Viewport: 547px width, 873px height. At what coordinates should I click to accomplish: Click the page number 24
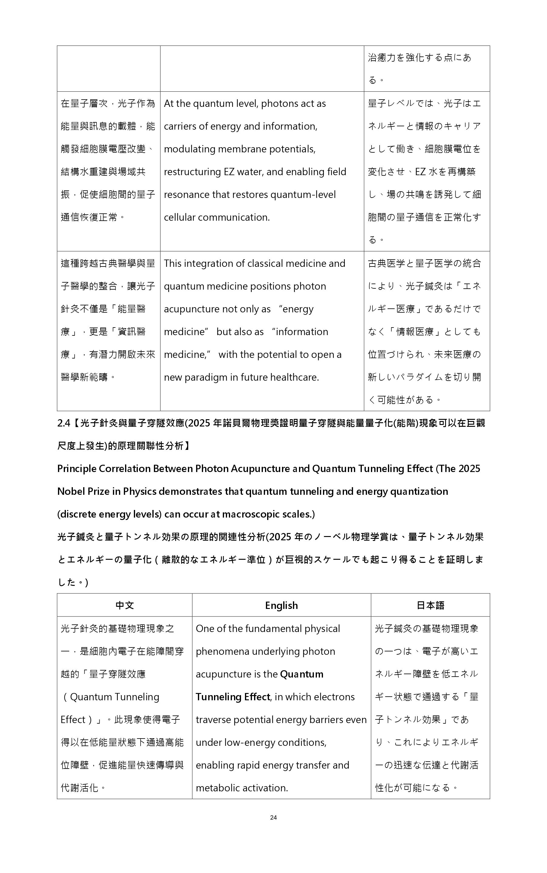(x=273, y=817)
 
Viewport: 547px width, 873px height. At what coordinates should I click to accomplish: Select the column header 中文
(x=124, y=606)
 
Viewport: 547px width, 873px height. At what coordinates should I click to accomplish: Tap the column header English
(x=281, y=606)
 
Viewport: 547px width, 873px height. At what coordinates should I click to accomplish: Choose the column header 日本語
(x=430, y=606)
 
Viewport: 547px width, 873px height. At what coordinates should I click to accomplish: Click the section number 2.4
(x=64, y=423)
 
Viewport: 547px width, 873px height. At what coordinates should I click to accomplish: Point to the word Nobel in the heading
(x=71, y=491)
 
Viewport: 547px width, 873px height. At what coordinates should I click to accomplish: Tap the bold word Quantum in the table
(x=302, y=674)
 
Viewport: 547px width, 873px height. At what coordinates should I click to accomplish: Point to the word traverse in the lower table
(x=213, y=720)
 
